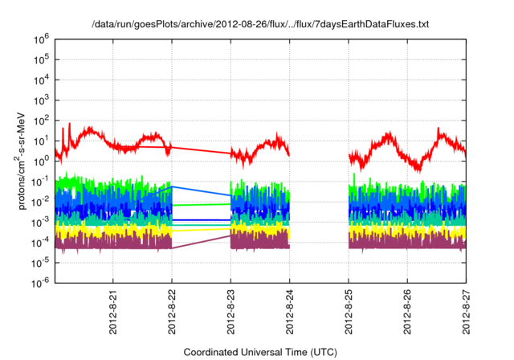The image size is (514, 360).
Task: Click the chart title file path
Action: (261, 25)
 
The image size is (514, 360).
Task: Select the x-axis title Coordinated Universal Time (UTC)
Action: (261, 352)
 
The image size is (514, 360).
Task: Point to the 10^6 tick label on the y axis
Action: (40, 38)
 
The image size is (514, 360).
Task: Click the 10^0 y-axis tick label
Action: (40, 160)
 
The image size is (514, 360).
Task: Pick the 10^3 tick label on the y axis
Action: (40, 99)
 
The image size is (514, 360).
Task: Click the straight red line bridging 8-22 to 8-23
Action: (201, 149)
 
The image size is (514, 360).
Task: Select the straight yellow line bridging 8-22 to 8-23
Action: (201, 229)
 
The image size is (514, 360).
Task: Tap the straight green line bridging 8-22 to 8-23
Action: (201, 204)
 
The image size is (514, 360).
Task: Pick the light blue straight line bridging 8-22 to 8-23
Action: (201, 191)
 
